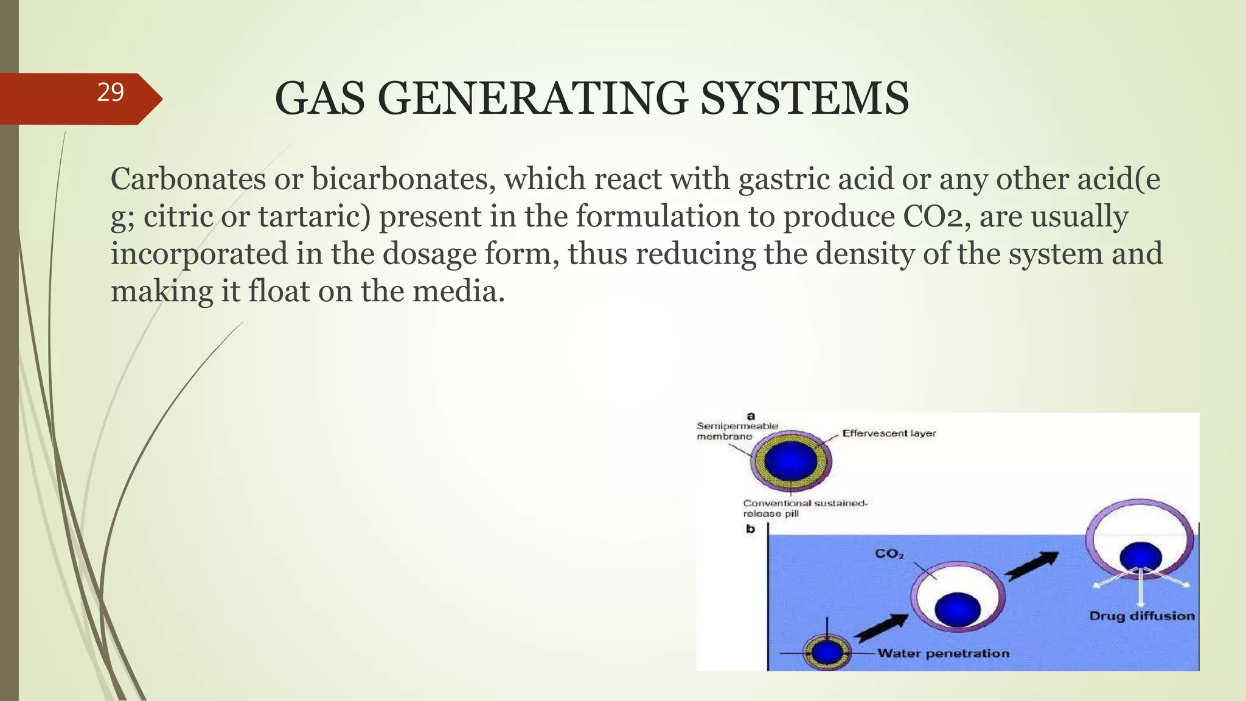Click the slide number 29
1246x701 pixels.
(x=110, y=92)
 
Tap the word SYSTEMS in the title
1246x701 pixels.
(x=804, y=99)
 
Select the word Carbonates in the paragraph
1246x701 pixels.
(x=188, y=180)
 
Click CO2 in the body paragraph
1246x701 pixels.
(x=936, y=217)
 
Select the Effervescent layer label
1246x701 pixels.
(x=888, y=433)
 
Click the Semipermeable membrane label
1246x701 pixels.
(x=737, y=431)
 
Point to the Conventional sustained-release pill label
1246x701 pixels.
(x=804, y=508)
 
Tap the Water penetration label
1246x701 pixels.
(x=943, y=654)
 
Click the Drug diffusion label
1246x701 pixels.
(x=1141, y=616)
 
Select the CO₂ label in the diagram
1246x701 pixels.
(x=889, y=554)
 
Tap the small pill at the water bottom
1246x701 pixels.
(x=827, y=653)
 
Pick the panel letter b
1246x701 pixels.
(x=750, y=529)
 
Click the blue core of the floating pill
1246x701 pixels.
(x=1141, y=557)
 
